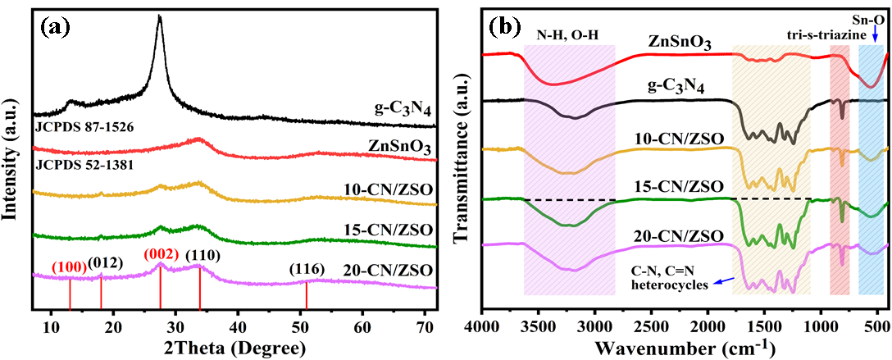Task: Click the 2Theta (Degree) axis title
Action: pyautogui.click(x=234, y=344)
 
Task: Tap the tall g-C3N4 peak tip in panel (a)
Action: pyautogui.click(x=159, y=17)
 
